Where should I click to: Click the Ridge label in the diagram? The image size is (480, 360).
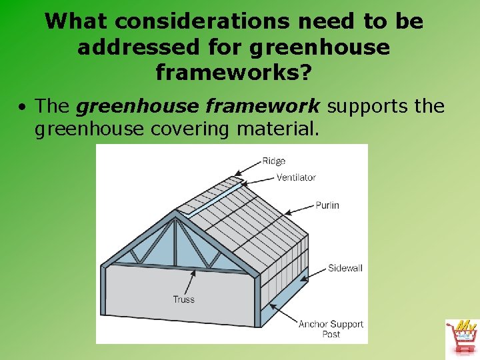click(273, 161)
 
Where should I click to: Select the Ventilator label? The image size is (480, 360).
click(296, 177)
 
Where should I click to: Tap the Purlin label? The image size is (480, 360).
click(327, 205)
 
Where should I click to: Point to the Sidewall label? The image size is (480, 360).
click(345, 268)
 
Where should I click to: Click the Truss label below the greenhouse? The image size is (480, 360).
click(183, 299)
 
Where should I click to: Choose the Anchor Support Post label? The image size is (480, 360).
click(331, 329)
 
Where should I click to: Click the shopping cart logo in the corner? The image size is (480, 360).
click(461, 337)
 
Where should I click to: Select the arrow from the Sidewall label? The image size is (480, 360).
click(314, 273)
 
